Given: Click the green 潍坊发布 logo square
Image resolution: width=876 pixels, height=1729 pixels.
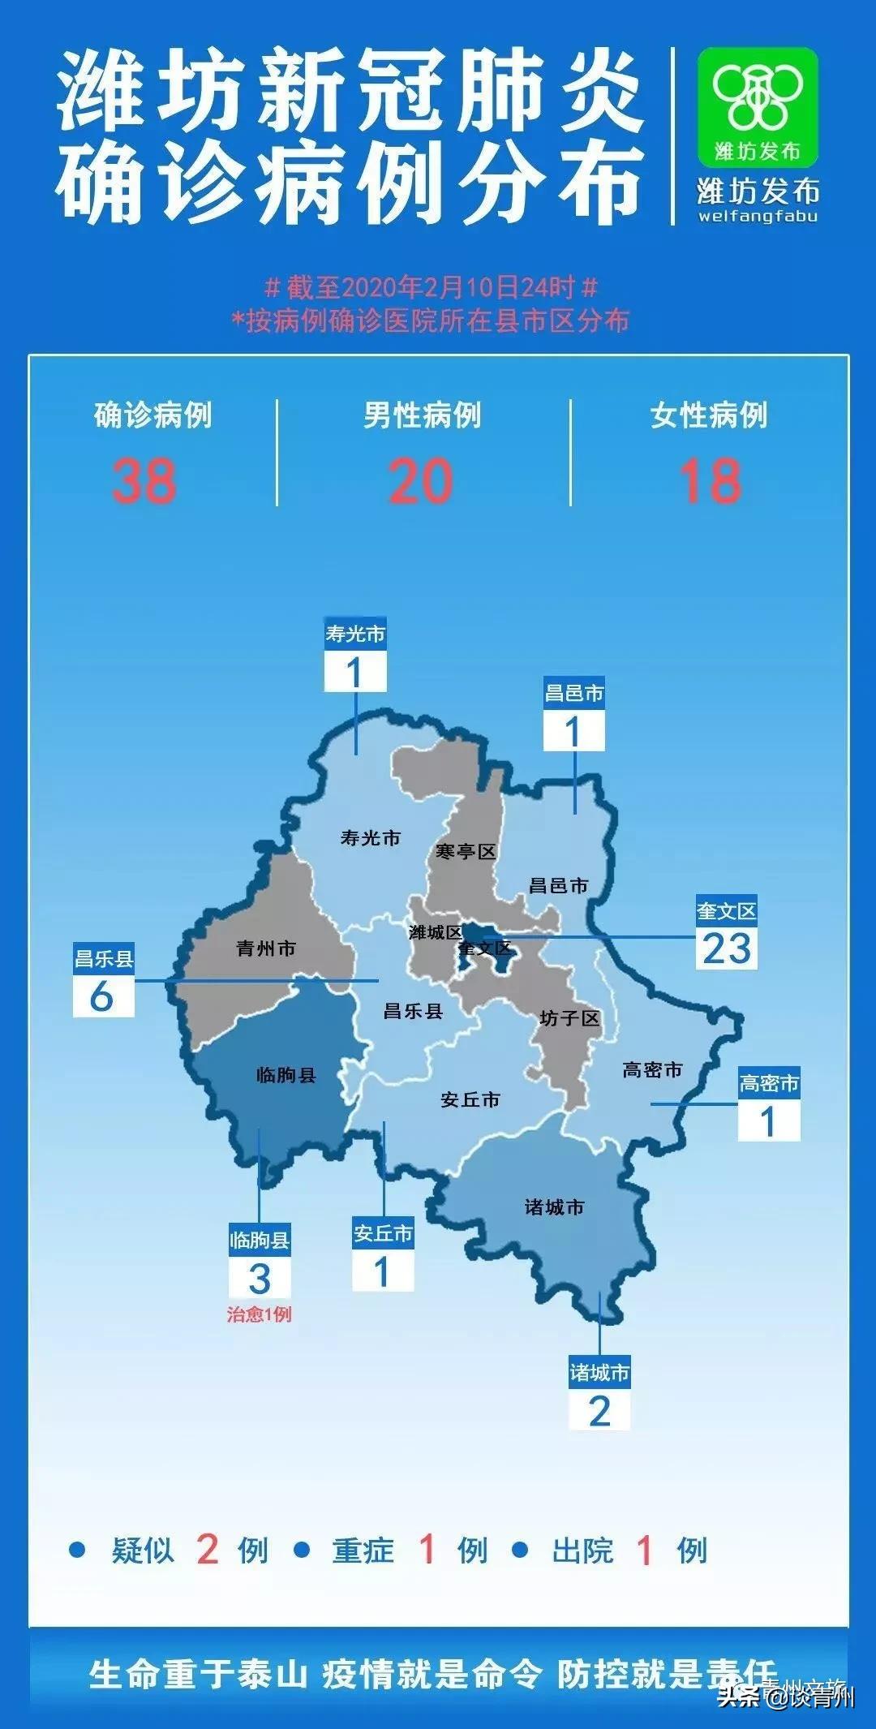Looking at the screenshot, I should click(758, 106).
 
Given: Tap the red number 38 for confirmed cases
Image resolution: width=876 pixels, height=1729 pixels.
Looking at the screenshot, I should click(144, 481).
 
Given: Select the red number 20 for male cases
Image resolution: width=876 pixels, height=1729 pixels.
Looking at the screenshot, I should click(421, 481).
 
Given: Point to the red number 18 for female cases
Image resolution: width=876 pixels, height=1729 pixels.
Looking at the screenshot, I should click(710, 481).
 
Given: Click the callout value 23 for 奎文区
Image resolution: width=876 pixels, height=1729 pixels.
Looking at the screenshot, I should click(727, 948).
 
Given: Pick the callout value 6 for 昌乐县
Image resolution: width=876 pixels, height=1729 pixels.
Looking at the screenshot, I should click(102, 996).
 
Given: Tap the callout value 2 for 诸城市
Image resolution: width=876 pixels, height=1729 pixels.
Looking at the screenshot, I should click(599, 1411).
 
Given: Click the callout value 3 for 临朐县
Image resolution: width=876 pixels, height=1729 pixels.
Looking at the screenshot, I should click(259, 1279).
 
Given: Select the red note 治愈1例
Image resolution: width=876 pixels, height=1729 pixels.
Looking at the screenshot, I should click(259, 1314).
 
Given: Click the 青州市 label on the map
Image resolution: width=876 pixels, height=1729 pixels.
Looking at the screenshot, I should click(266, 948).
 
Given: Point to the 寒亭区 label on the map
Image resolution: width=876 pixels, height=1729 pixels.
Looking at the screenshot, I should click(465, 851).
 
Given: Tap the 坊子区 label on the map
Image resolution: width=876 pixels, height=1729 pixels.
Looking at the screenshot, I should click(569, 1018).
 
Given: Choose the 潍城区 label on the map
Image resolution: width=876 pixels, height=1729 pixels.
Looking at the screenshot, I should click(435, 932).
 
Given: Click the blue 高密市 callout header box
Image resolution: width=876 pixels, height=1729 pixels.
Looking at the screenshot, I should click(769, 1083).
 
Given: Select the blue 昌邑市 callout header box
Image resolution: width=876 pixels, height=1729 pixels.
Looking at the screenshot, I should click(574, 693).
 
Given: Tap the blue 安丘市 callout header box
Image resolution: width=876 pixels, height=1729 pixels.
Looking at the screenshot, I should click(383, 1233).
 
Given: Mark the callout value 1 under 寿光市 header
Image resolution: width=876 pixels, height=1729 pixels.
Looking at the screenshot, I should click(354, 673).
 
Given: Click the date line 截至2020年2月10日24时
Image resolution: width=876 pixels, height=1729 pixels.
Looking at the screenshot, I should click(432, 287).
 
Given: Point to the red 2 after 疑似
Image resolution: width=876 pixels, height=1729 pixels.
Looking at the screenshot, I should click(208, 1551).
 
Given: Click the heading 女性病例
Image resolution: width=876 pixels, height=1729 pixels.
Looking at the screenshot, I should click(709, 415).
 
